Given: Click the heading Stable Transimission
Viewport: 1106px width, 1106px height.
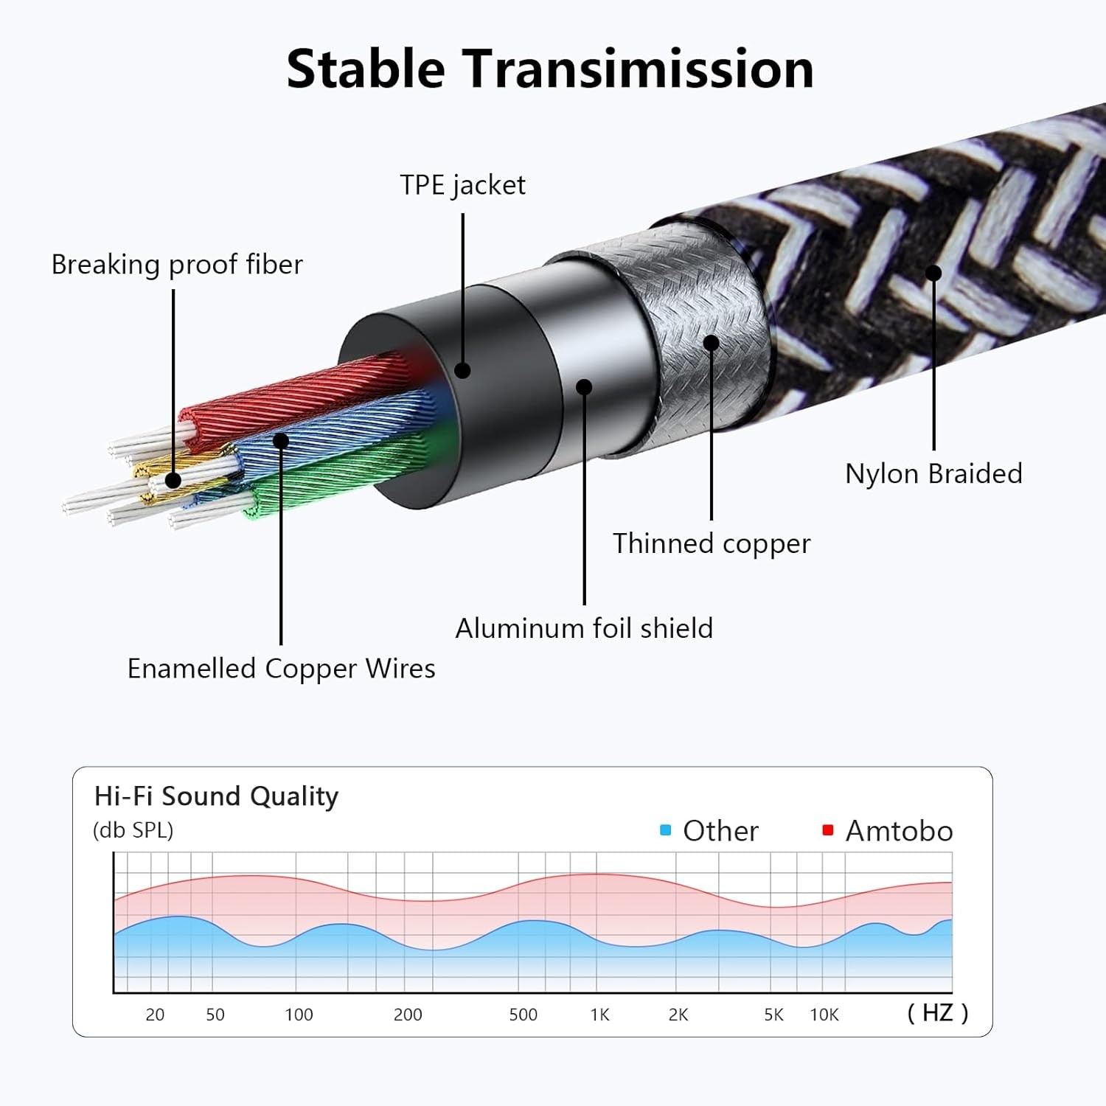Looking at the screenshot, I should pos(550,69).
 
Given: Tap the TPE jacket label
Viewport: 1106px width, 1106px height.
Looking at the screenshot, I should pos(462,185).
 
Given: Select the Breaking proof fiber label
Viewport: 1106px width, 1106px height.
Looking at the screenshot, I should pos(177,264).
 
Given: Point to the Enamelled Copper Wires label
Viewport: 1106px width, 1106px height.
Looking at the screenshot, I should pos(281,668).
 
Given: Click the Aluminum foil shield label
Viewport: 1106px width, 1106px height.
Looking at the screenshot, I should pos(584,628).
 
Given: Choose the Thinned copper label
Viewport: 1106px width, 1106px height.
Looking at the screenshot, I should pos(712,543).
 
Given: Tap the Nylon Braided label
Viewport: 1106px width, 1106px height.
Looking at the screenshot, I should pos(933,473).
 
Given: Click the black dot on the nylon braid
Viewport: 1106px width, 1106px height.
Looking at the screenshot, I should pos(933,274).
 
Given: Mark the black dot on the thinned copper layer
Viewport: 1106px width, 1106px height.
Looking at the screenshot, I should pos(712,343).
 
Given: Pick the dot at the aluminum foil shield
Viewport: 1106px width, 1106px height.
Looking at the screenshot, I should pos(584,387).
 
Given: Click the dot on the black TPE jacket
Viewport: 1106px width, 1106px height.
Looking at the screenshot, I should pos(462,369).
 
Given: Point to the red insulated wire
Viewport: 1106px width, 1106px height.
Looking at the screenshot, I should pos(295,398).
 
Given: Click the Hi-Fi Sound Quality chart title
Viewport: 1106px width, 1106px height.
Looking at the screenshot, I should pos(216,796).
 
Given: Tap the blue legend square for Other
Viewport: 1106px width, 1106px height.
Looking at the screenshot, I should pos(666,830).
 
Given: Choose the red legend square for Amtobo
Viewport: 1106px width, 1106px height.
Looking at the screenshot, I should pos(828,830).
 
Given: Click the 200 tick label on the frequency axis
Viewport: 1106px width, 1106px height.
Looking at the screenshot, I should pos(408,1015).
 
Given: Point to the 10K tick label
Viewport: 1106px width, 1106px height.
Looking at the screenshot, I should pos(824,1015).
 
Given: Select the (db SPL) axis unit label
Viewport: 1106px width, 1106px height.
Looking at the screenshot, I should pos(133,830).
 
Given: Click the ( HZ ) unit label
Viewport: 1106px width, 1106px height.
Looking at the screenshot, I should pos(938,1012).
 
